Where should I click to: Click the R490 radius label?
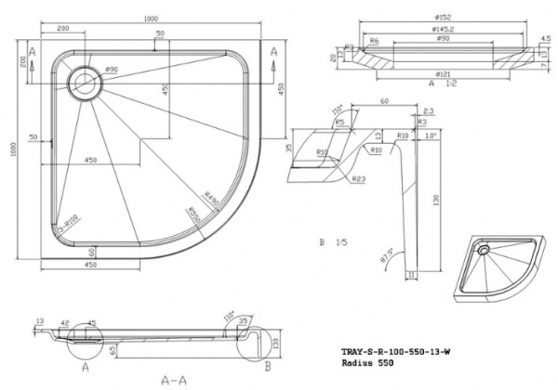212,190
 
